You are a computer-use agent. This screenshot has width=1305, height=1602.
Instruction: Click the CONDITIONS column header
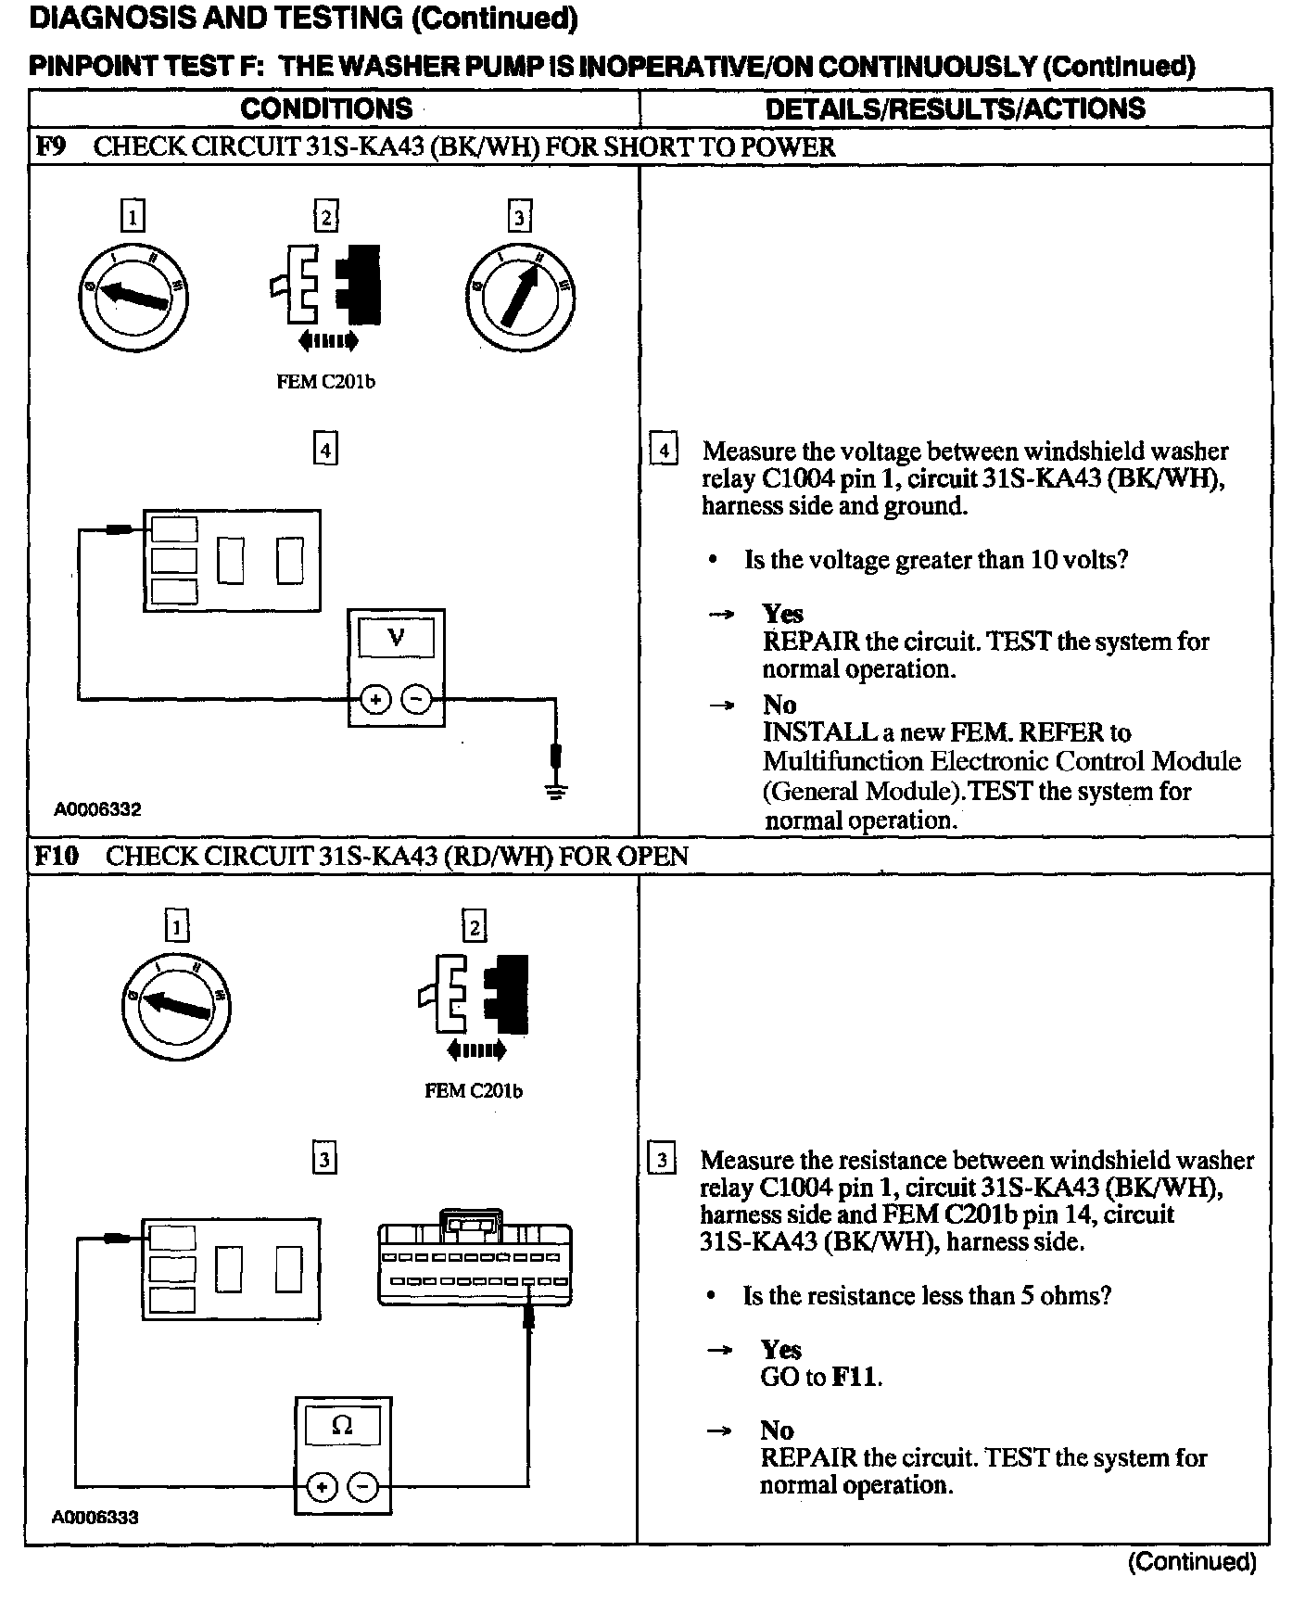coord(326,108)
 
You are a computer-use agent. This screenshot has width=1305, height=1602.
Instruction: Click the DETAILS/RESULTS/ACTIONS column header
coord(955,108)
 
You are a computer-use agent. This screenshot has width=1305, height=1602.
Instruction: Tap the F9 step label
coord(51,147)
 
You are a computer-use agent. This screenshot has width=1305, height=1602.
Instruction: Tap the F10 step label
coord(57,856)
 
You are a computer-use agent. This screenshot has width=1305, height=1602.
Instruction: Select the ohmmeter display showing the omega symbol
coord(342,1426)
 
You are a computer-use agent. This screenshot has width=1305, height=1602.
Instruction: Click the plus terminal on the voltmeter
coord(375,700)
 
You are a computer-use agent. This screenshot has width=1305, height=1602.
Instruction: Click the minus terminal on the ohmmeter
coord(362,1488)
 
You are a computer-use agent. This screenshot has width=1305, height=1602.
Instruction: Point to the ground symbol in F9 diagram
coord(555,792)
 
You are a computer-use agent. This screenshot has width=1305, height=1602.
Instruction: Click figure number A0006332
coord(97,809)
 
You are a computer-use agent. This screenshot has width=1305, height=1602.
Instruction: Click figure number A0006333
coord(95,1518)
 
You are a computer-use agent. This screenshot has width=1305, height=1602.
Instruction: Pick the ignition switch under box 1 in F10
coord(176,1004)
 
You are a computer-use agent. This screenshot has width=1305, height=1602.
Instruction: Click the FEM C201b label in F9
coord(326,382)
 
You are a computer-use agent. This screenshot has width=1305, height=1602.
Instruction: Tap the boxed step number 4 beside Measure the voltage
coord(663,450)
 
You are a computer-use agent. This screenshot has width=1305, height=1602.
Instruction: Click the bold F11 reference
coord(854,1377)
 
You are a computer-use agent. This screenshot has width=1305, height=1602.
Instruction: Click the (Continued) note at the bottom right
coord(1192,1562)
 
